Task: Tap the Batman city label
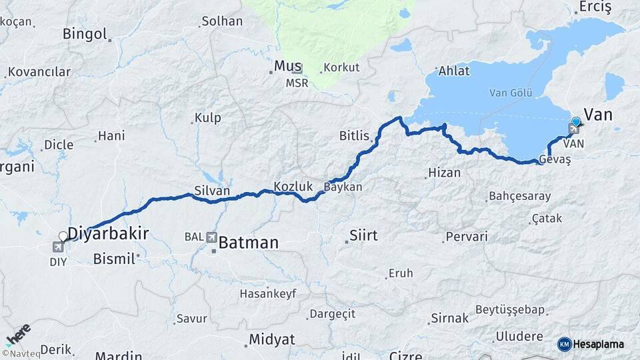248,243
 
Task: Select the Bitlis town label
354,136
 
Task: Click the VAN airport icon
575,129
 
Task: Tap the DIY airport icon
58,247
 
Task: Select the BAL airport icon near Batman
211,237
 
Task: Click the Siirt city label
363,235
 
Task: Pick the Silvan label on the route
212,191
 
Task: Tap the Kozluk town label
289,186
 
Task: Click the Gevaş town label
555,160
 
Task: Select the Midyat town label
271,339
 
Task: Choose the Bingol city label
85,33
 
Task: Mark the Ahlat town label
454,71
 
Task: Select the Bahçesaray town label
520,196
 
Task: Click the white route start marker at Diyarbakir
63,236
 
